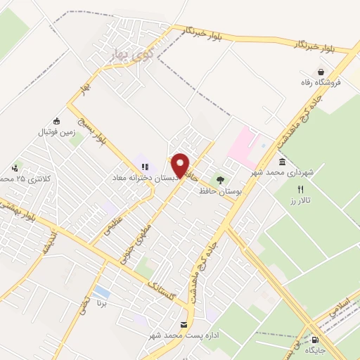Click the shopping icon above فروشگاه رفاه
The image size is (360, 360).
coord(321,71)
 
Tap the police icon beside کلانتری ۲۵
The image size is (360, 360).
coord(15,168)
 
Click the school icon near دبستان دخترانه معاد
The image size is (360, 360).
coord(144,167)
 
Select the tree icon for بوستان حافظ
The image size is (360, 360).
coord(221,179)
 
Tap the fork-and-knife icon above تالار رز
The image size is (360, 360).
coord(300,189)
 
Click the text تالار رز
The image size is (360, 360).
coord(301,201)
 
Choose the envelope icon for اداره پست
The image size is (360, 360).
coord(184,324)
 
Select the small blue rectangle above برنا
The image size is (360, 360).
coord(102,291)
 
